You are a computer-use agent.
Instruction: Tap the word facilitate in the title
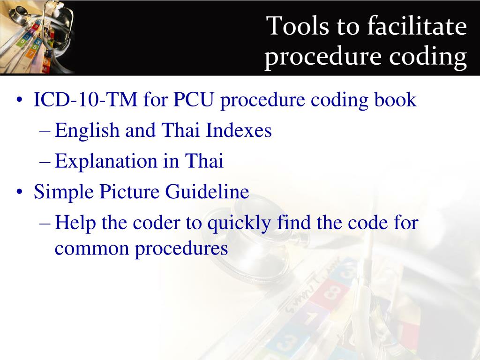tap(417, 25)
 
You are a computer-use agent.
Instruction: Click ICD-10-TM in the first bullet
tap(85, 99)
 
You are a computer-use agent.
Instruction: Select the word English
tap(87, 130)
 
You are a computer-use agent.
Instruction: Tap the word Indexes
tap(239, 130)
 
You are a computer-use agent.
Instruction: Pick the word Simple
tap(64, 192)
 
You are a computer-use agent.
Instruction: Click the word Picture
tap(129, 192)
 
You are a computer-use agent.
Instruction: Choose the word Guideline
tap(207, 192)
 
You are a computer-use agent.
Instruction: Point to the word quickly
tap(239, 223)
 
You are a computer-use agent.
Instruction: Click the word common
tap(91, 248)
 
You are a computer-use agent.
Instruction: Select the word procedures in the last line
tap(181, 248)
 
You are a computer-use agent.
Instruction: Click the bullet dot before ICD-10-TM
tap(20, 100)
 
